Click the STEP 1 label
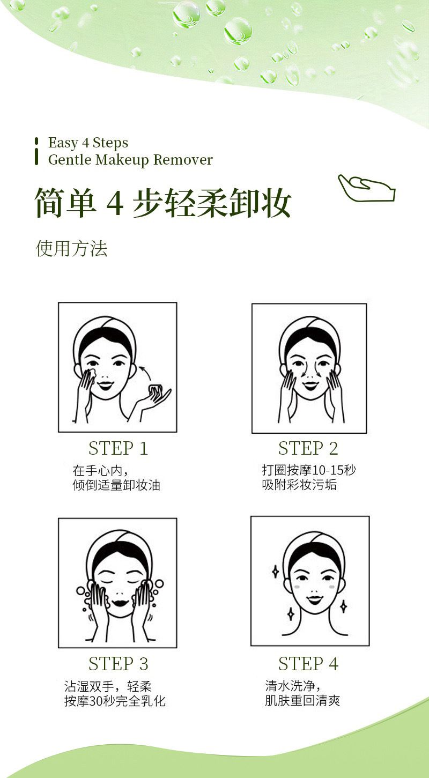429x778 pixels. pos(118,448)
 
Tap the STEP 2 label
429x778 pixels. pos(308,448)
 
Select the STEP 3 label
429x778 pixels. pos(118,664)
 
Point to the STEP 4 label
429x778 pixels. pos(308,664)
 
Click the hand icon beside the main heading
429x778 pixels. pos(366,188)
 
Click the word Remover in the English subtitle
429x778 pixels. pos(183,160)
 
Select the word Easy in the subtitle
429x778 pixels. pos(63,143)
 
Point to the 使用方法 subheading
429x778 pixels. pos(71,249)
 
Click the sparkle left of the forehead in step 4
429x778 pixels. pos(275,572)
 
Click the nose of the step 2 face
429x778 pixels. pos(309,372)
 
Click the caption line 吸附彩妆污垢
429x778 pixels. pos(299,485)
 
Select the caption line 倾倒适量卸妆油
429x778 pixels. pos(116,485)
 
